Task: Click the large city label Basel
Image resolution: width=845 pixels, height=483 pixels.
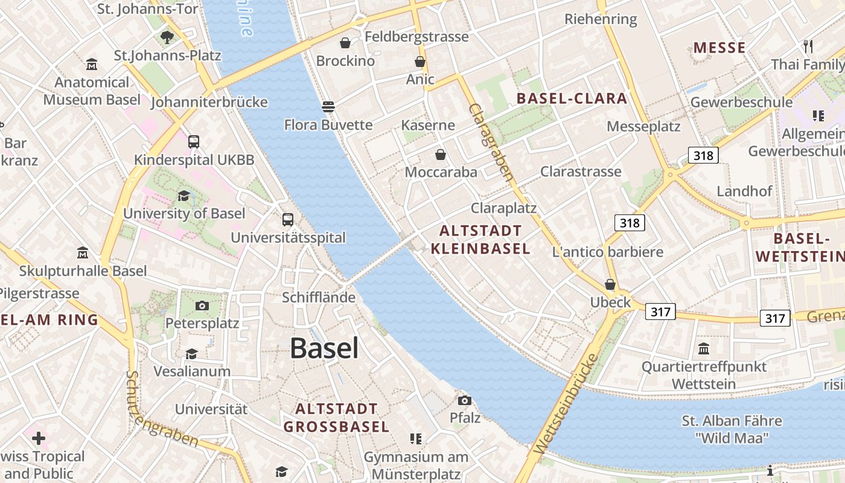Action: (324, 348)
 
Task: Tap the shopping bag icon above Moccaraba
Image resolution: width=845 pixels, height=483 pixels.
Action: (441, 155)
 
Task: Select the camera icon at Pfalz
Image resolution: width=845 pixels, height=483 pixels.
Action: (464, 400)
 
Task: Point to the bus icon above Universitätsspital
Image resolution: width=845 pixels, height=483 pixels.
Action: (288, 220)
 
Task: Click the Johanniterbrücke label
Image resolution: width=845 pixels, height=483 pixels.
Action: (209, 102)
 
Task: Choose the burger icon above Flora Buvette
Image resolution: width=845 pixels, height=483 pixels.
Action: (328, 107)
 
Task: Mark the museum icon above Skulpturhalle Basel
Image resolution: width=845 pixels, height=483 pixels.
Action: (83, 252)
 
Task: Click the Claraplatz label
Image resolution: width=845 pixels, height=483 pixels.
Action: (503, 208)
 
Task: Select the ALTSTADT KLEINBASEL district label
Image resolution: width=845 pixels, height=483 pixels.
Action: (480, 239)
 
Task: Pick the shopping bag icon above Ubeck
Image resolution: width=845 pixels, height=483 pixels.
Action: (610, 284)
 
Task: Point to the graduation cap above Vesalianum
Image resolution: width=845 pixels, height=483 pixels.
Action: (191, 354)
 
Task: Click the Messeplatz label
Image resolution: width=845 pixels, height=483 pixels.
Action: (643, 126)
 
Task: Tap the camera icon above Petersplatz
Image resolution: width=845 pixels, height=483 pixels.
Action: (202, 305)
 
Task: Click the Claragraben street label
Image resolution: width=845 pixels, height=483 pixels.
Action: (491, 142)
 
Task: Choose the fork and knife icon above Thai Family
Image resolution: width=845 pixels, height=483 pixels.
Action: (808, 46)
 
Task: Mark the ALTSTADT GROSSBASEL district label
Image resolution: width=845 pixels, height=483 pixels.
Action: (336, 418)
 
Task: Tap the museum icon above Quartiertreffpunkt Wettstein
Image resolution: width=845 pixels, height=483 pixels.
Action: (703, 348)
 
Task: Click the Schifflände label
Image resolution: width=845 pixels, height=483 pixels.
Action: (319, 298)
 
